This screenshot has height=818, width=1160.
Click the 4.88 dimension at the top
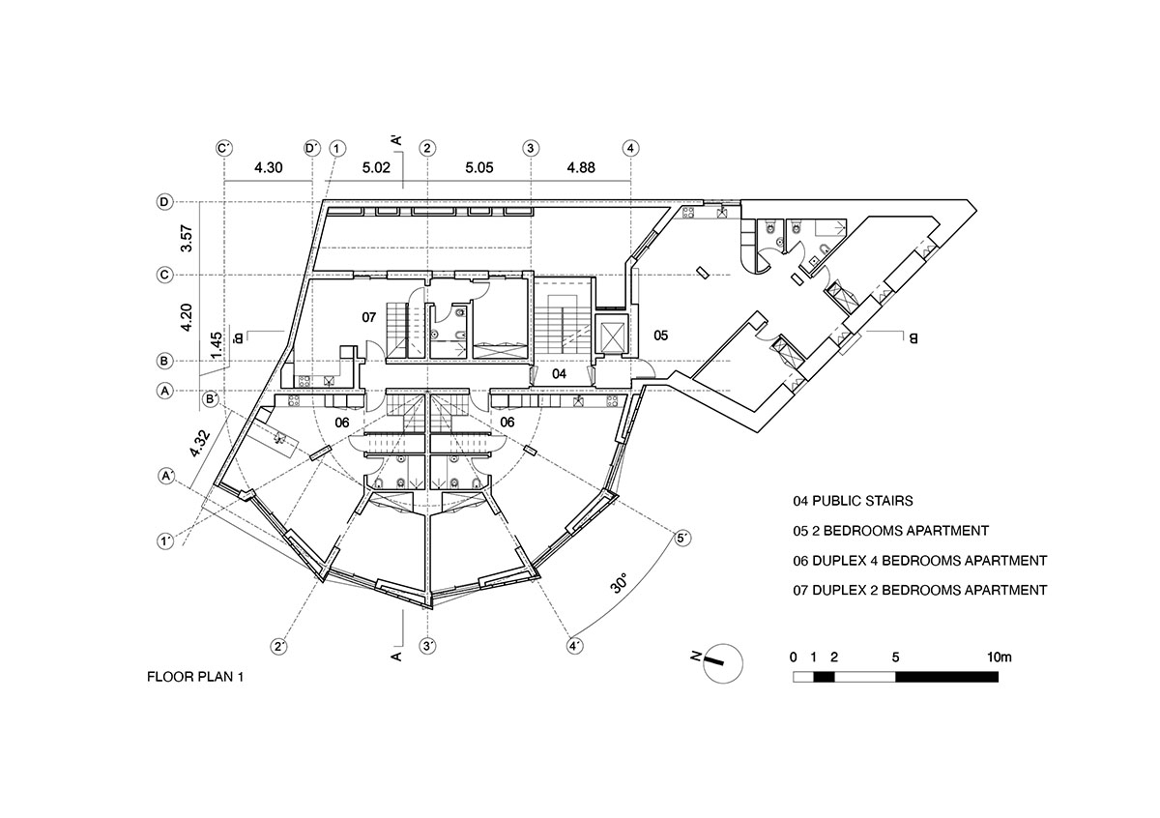581,168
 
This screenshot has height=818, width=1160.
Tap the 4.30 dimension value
268,168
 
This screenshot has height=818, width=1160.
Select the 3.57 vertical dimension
188,239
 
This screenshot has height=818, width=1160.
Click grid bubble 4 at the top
630,148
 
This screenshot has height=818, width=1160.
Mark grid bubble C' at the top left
224,148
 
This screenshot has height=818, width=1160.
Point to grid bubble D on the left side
165,202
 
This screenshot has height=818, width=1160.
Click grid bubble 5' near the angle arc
682,538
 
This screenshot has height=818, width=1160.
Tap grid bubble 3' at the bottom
428,645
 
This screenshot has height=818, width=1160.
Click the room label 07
368,317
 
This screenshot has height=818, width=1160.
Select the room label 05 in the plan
660,336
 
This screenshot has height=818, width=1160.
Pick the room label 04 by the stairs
559,372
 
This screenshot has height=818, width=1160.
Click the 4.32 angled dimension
199,440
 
